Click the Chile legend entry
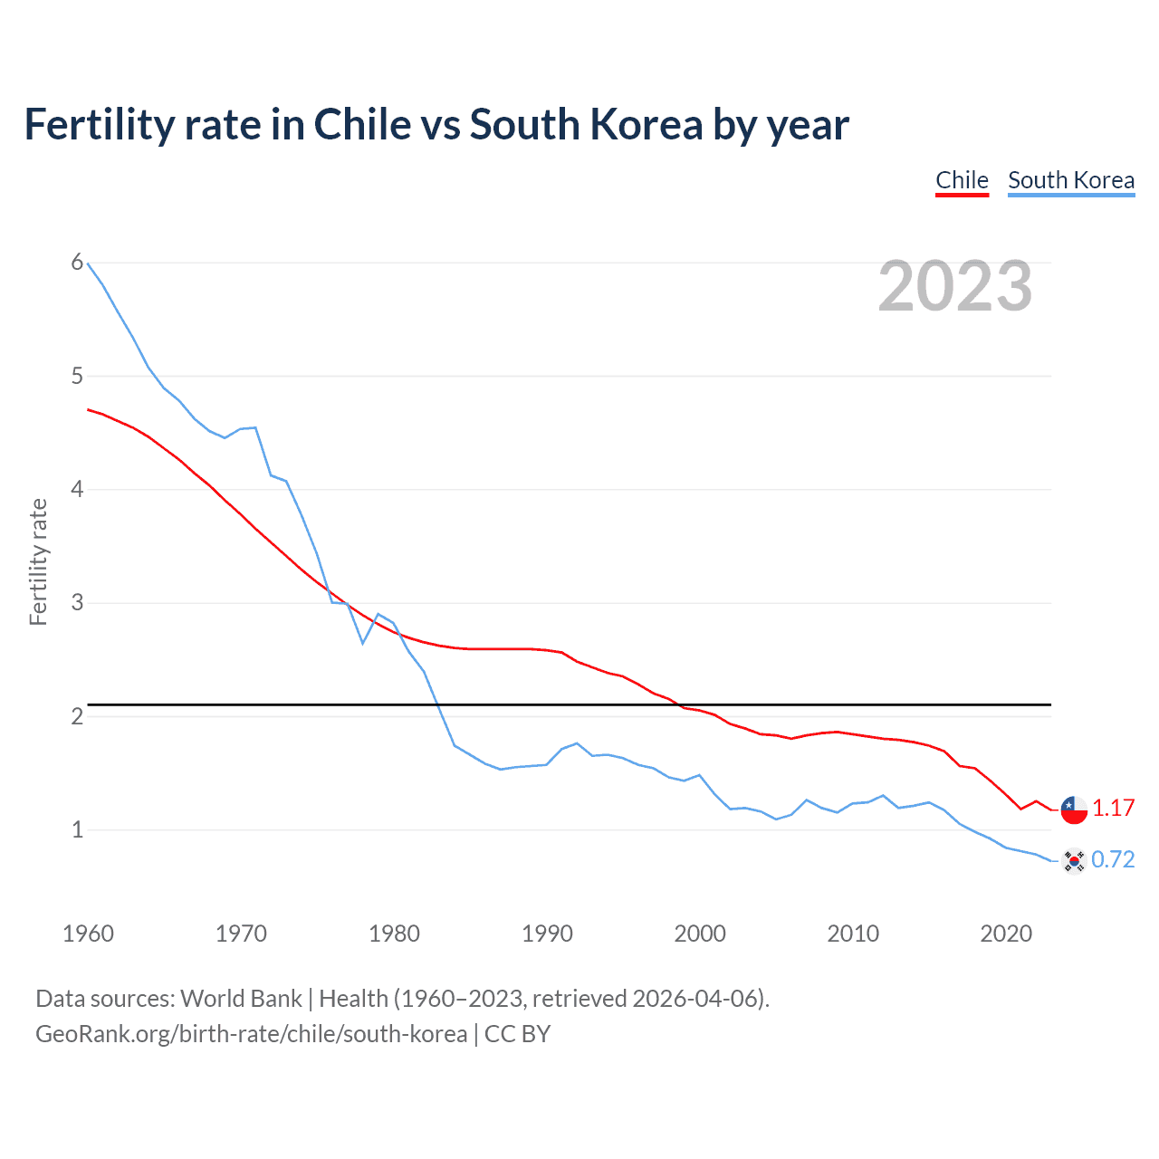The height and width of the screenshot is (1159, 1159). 962,180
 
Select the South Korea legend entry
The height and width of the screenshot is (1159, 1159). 1071,180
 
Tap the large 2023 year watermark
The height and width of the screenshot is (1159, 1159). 955,286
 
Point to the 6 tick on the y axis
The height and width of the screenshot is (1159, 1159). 77,263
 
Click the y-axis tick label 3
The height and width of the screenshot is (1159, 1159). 77,602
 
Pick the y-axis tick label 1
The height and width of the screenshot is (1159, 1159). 77,829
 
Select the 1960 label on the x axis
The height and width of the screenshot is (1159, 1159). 88,934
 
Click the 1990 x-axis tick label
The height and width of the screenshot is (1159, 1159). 547,934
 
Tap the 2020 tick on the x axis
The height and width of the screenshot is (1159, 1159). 1006,934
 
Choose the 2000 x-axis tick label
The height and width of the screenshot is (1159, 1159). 700,934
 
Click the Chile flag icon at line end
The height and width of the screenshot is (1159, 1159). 1074,809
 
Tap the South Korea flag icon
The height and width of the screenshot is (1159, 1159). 1074,860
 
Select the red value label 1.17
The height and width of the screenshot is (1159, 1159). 1113,809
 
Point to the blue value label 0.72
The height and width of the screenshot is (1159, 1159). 1113,859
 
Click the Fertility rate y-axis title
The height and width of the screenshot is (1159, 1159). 38,561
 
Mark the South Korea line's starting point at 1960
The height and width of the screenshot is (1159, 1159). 88,263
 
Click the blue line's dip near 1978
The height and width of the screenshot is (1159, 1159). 363,643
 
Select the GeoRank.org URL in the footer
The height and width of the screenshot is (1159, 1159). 251,1033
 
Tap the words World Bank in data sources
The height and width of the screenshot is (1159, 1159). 241,998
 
